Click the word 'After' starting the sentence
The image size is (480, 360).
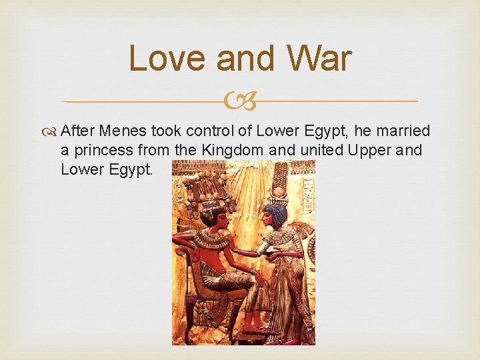(x=78, y=131)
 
